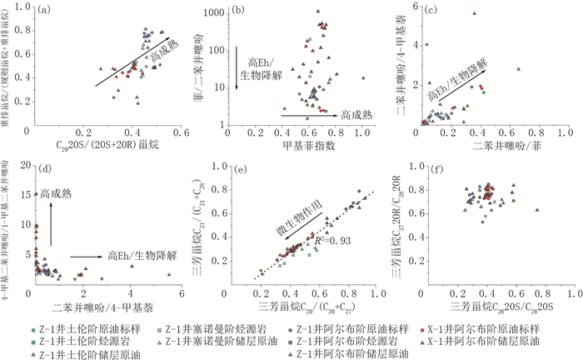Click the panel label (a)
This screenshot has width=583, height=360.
[x=38, y=9]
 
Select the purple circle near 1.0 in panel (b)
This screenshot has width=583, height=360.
[x=362, y=78]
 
